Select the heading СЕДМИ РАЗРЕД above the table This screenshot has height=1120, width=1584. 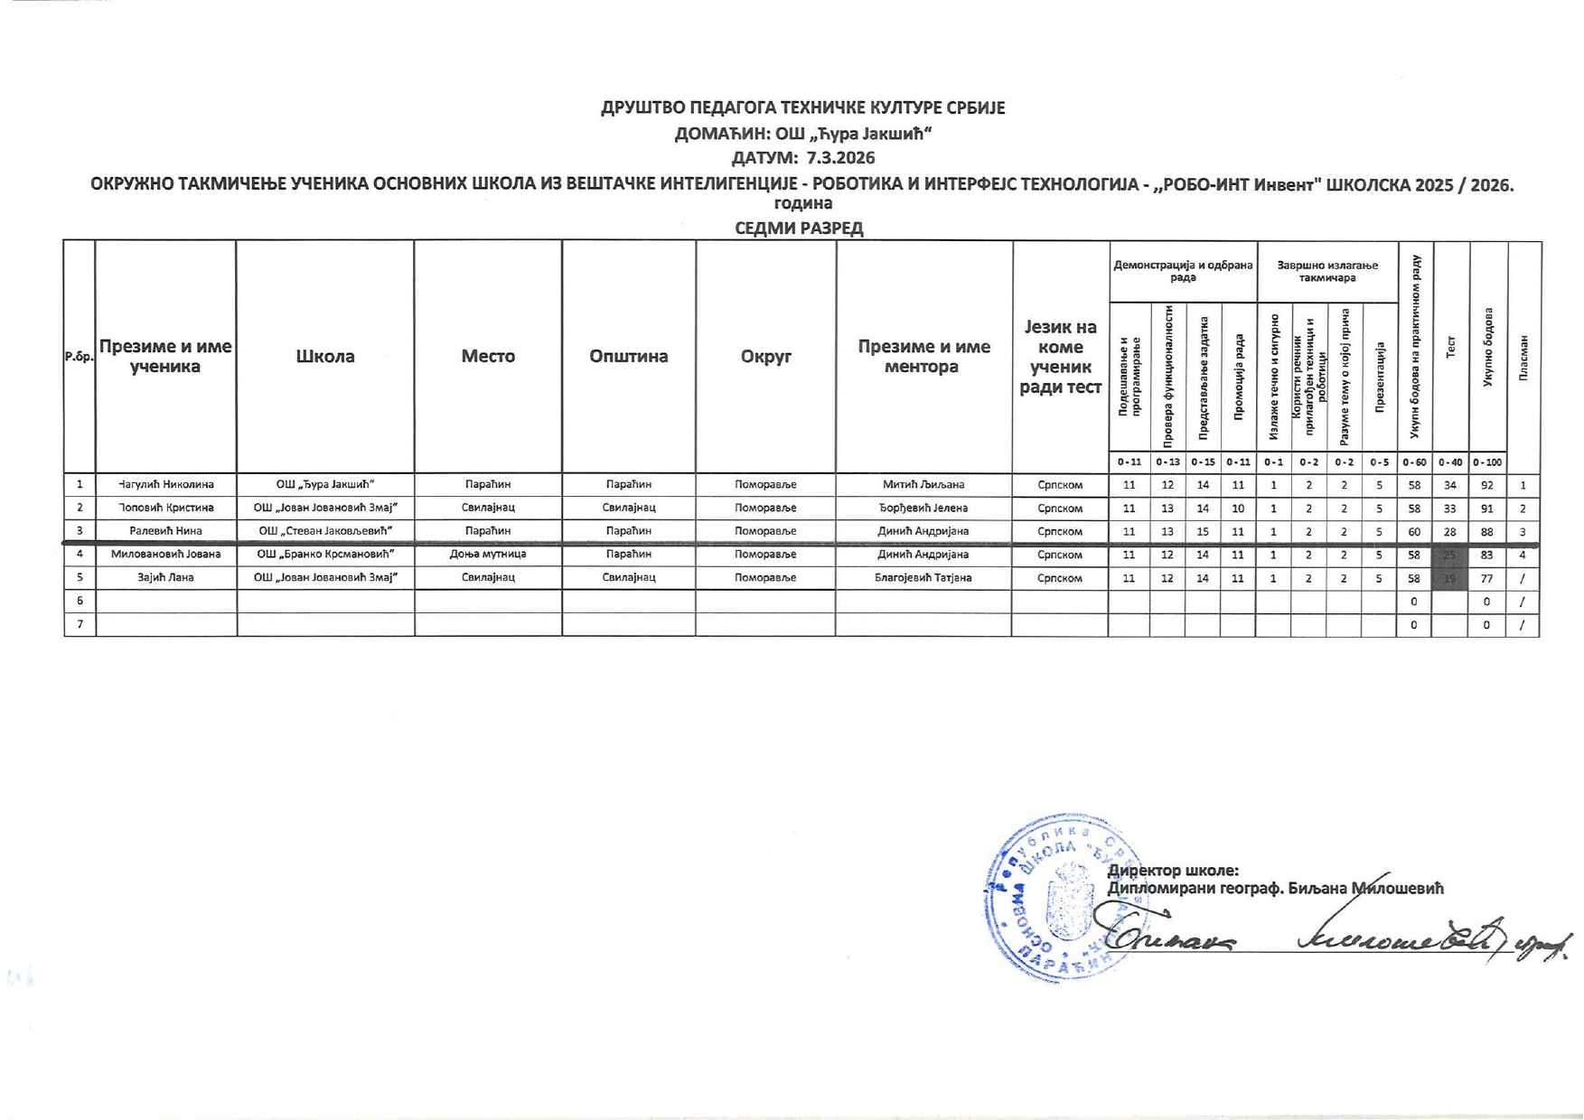pos(799,228)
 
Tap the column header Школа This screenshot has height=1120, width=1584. pos(325,356)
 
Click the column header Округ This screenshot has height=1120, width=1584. pos(765,356)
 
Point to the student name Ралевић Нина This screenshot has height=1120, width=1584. pos(165,531)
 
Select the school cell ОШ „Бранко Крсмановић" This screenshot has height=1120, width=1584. pos(325,555)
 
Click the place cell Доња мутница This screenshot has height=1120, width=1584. pos(488,555)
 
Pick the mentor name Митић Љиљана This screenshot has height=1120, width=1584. pos(923,485)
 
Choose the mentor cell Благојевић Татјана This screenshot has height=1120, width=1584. pos(923,578)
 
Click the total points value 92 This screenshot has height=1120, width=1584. pos(1486,485)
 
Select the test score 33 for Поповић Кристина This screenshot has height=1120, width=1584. pos(1450,509)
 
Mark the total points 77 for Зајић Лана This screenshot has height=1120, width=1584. pos(1486,578)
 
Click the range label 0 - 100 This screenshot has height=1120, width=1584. pos(1486,462)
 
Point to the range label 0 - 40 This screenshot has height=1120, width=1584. pos(1450,462)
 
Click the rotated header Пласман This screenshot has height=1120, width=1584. pos(1523,357)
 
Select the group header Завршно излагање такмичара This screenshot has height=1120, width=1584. pos(1326,271)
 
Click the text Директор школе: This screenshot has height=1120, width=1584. pos(1173,871)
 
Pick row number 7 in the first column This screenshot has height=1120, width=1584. pos(80,624)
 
